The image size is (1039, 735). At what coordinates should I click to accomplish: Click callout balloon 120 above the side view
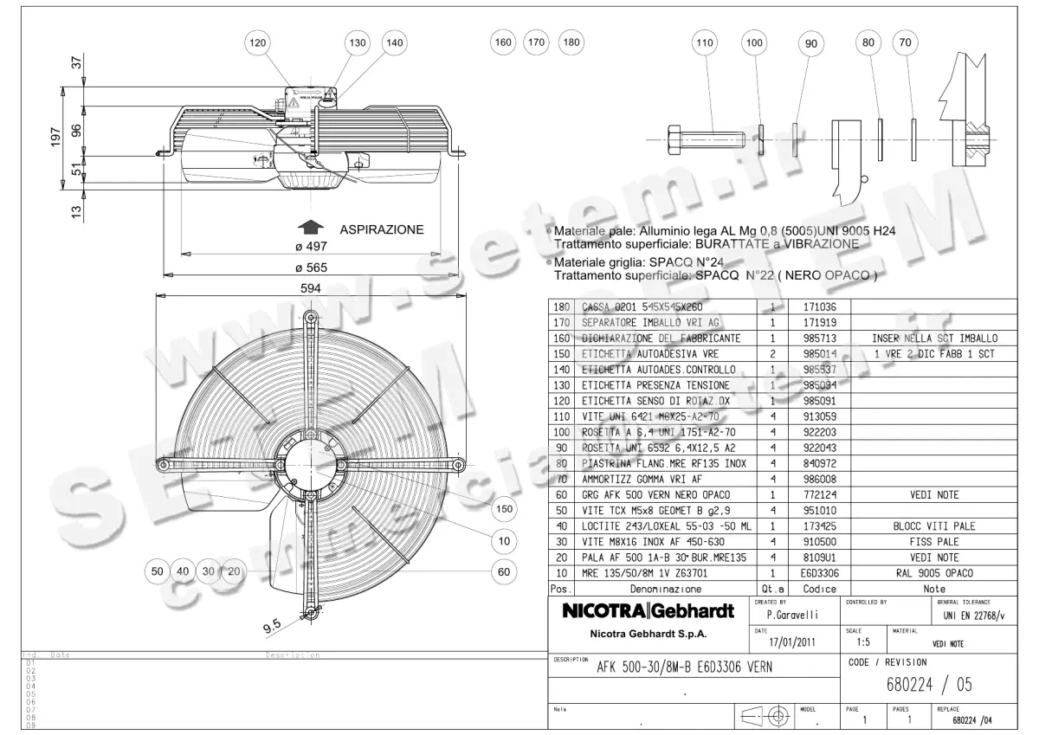257,42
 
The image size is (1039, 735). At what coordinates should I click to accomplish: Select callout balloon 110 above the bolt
706,42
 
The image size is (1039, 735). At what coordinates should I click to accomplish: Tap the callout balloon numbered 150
505,508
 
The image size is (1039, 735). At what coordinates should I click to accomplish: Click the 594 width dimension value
311,288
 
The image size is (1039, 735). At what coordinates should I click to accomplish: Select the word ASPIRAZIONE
381,229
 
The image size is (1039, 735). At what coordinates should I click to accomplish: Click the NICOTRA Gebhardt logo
649,611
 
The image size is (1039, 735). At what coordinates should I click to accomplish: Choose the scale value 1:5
863,643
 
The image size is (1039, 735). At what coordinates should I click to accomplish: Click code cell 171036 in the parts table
819,307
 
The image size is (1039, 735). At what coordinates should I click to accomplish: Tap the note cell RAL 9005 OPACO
933,572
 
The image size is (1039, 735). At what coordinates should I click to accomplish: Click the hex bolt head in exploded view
675,139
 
